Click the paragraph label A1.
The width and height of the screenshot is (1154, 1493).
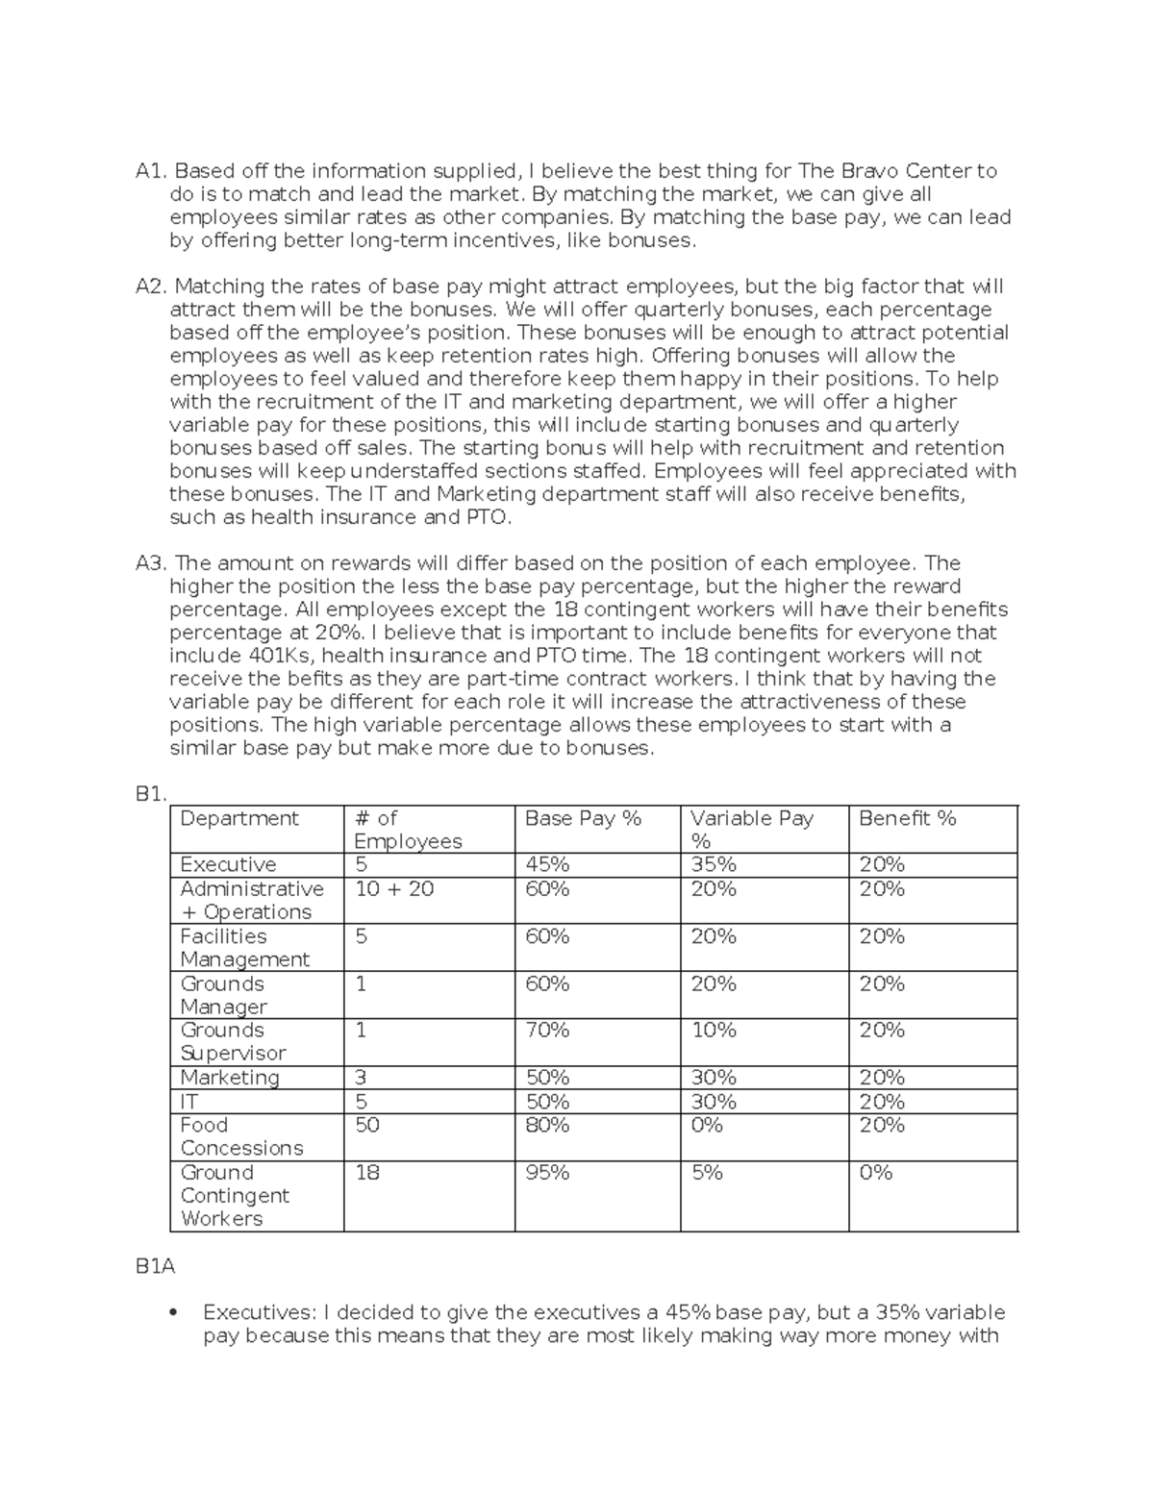pos(152,171)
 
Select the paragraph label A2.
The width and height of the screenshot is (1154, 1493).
pos(152,286)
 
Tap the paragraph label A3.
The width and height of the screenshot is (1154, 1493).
pos(152,563)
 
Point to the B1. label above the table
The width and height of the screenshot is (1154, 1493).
pos(152,794)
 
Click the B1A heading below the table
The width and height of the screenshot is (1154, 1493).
pos(156,1267)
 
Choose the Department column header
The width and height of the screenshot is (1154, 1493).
pos(239,818)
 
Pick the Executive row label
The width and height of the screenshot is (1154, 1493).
pos(228,864)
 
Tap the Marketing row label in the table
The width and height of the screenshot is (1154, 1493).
pos(230,1078)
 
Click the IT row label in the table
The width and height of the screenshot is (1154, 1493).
pos(188,1102)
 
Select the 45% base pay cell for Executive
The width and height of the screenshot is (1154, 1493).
pos(547,864)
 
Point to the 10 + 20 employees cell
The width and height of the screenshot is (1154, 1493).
pos(394,889)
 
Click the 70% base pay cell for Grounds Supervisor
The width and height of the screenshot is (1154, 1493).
pos(547,1031)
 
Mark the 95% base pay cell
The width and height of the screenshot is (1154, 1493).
pos(547,1173)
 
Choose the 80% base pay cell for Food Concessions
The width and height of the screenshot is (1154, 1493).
pos(547,1125)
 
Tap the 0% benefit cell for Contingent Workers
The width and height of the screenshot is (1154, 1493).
pos(876,1173)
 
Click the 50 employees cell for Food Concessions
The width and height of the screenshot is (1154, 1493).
pos(367,1125)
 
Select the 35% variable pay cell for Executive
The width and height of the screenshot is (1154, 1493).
pos(714,864)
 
